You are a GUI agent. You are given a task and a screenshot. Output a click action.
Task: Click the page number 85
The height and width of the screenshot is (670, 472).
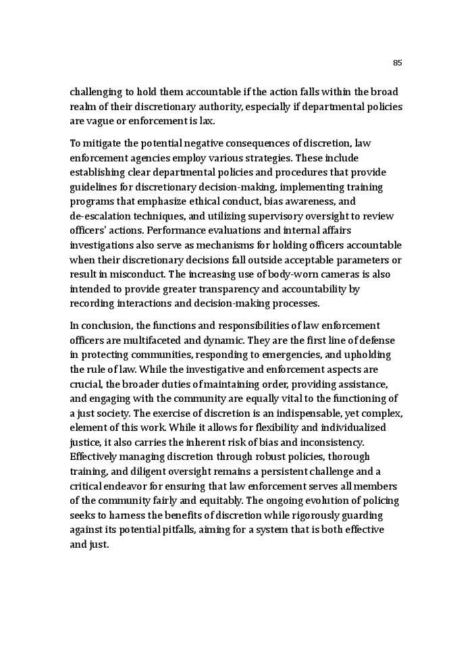(x=397, y=63)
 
